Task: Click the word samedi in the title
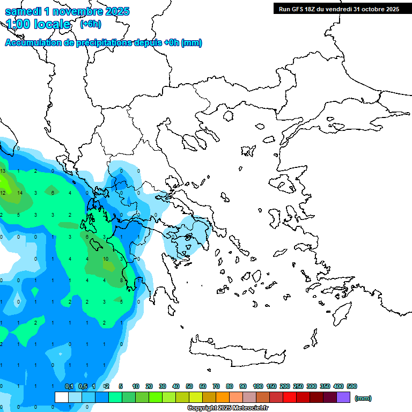click(x=24, y=11)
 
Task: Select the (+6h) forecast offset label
click(x=90, y=24)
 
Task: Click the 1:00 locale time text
click(x=38, y=24)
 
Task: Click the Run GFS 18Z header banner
click(x=339, y=9)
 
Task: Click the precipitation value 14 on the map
click(x=20, y=193)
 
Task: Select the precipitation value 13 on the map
click(x=3, y=171)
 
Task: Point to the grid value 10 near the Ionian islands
click(x=105, y=215)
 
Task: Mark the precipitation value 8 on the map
click(x=122, y=280)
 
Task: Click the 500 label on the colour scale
click(x=352, y=386)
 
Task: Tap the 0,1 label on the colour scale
click(x=69, y=386)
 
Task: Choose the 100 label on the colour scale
click(x=257, y=386)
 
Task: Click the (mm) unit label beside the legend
click(x=363, y=398)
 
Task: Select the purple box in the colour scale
click(x=343, y=398)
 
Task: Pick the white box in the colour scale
click(x=62, y=398)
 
